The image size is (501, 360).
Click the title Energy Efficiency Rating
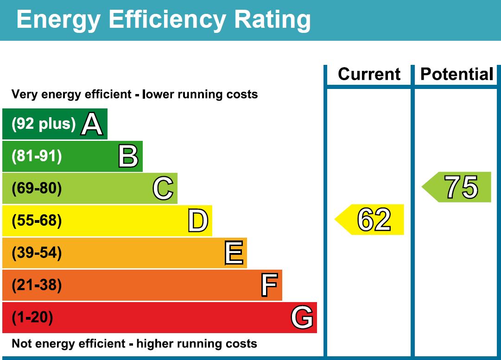pyautogui.click(x=163, y=20)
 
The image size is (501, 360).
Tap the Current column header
pyautogui.click(x=369, y=74)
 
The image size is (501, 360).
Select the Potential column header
pyautogui.click(x=457, y=74)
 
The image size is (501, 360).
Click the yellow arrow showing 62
pyautogui.click(x=371, y=219)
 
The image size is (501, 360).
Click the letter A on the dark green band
pyautogui.click(x=91, y=124)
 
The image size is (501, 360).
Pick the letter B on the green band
pyautogui.click(x=128, y=157)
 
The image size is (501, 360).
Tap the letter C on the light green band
pyautogui.click(x=163, y=189)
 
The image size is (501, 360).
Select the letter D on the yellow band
pyautogui.click(x=198, y=221)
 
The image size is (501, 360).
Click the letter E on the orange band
pyautogui.click(x=234, y=253)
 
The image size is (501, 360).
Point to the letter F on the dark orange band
pyautogui.click(x=269, y=285)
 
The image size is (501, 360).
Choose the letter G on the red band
pyautogui.click(x=302, y=318)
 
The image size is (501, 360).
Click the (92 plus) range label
pyautogui.click(x=43, y=124)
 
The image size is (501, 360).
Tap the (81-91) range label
pyautogui.click(x=37, y=157)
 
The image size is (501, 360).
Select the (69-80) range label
pyautogui.click(x=37, y=189)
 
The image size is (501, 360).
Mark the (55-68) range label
pyautogui.click(x=37, y=221)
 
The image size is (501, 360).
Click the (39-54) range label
pyautogui.click(x=37, y=253)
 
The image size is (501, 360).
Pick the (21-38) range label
pyautogui.click(x=37, y=285)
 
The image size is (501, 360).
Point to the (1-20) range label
pyautogui.click(x=32, y=318)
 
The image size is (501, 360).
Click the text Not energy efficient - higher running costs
pyautogui.click(x=134, y=344)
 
